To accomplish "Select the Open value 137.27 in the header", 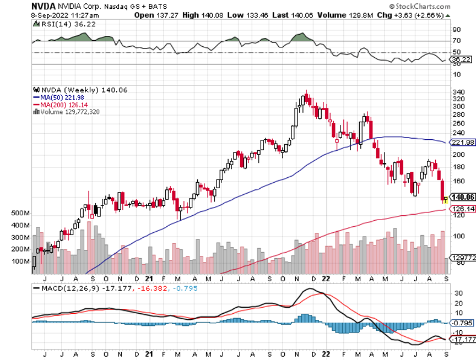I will coord(172,15).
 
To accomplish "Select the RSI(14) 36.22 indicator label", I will coord(59,25).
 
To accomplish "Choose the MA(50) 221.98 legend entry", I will coord(61,97).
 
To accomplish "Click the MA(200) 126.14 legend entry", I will coord(61,104).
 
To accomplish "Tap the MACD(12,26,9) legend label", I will coord(64,287).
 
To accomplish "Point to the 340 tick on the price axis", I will coord(457,91).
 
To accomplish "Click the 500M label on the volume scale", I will coord(21,213).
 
